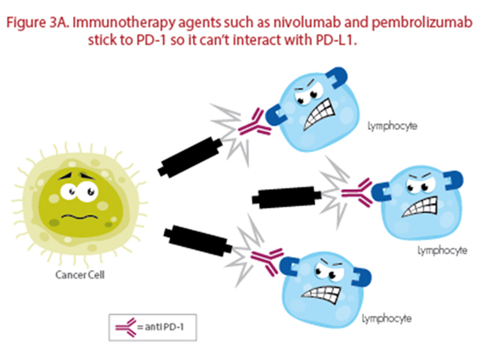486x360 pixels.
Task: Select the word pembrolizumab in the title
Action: (421, 23)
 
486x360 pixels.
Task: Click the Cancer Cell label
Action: (80, 275)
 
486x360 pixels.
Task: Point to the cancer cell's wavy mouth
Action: (80, 217)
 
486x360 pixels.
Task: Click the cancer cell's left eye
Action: (69, 192)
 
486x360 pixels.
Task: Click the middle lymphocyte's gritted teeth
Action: (421, 206)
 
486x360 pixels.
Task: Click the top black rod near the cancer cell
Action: (190, 157)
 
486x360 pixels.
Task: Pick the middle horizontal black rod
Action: (286, 197)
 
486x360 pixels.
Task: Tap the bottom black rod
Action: (198, 241)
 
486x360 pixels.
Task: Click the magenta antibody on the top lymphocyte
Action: (255, 123)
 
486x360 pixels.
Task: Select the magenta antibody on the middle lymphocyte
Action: (357, 193)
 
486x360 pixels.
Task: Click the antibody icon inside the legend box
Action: (126, 327)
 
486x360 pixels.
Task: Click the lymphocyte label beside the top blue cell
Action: (393, 127)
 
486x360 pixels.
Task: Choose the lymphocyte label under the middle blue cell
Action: (443, 250)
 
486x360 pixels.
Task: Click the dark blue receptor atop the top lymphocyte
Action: (336, 77)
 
